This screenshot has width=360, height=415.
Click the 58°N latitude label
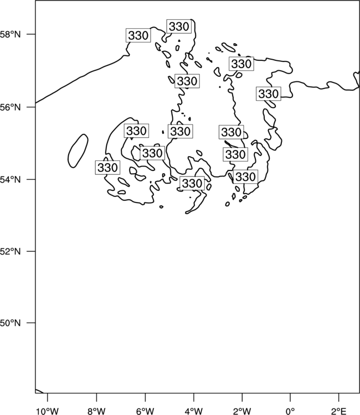click(x=10, y=34)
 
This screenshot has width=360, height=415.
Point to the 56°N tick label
click(x=10, y=107)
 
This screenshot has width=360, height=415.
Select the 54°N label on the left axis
click(x=10, y=179)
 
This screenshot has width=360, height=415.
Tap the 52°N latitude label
click(x=10, y=251)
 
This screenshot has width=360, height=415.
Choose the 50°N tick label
click(x=10, y=323)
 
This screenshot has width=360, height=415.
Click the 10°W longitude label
click(x=48, y=411)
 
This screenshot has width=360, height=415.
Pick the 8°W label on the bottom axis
click(x=96, y=411)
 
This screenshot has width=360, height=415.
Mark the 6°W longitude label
click(x=145, y=411)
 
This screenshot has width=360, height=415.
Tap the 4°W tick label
click(x=194, y=411)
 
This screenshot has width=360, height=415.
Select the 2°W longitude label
click(x=242, y=411)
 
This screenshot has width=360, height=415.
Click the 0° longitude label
click(x=290, y=411)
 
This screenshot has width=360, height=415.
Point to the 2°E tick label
click(x=339, y=411)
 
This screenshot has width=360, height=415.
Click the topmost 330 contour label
click(x=179, y=27)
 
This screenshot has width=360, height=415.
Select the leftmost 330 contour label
click(x=107, y=168)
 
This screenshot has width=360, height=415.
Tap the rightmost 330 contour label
click(x=269, y=94)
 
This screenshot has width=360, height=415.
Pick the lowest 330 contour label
click(x=192, y=183)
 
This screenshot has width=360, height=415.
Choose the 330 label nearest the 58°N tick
click(x=138, y=35)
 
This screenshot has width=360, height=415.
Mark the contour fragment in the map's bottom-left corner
click(x=40, y=391)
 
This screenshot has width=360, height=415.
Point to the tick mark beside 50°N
click(x=31, y=323)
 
